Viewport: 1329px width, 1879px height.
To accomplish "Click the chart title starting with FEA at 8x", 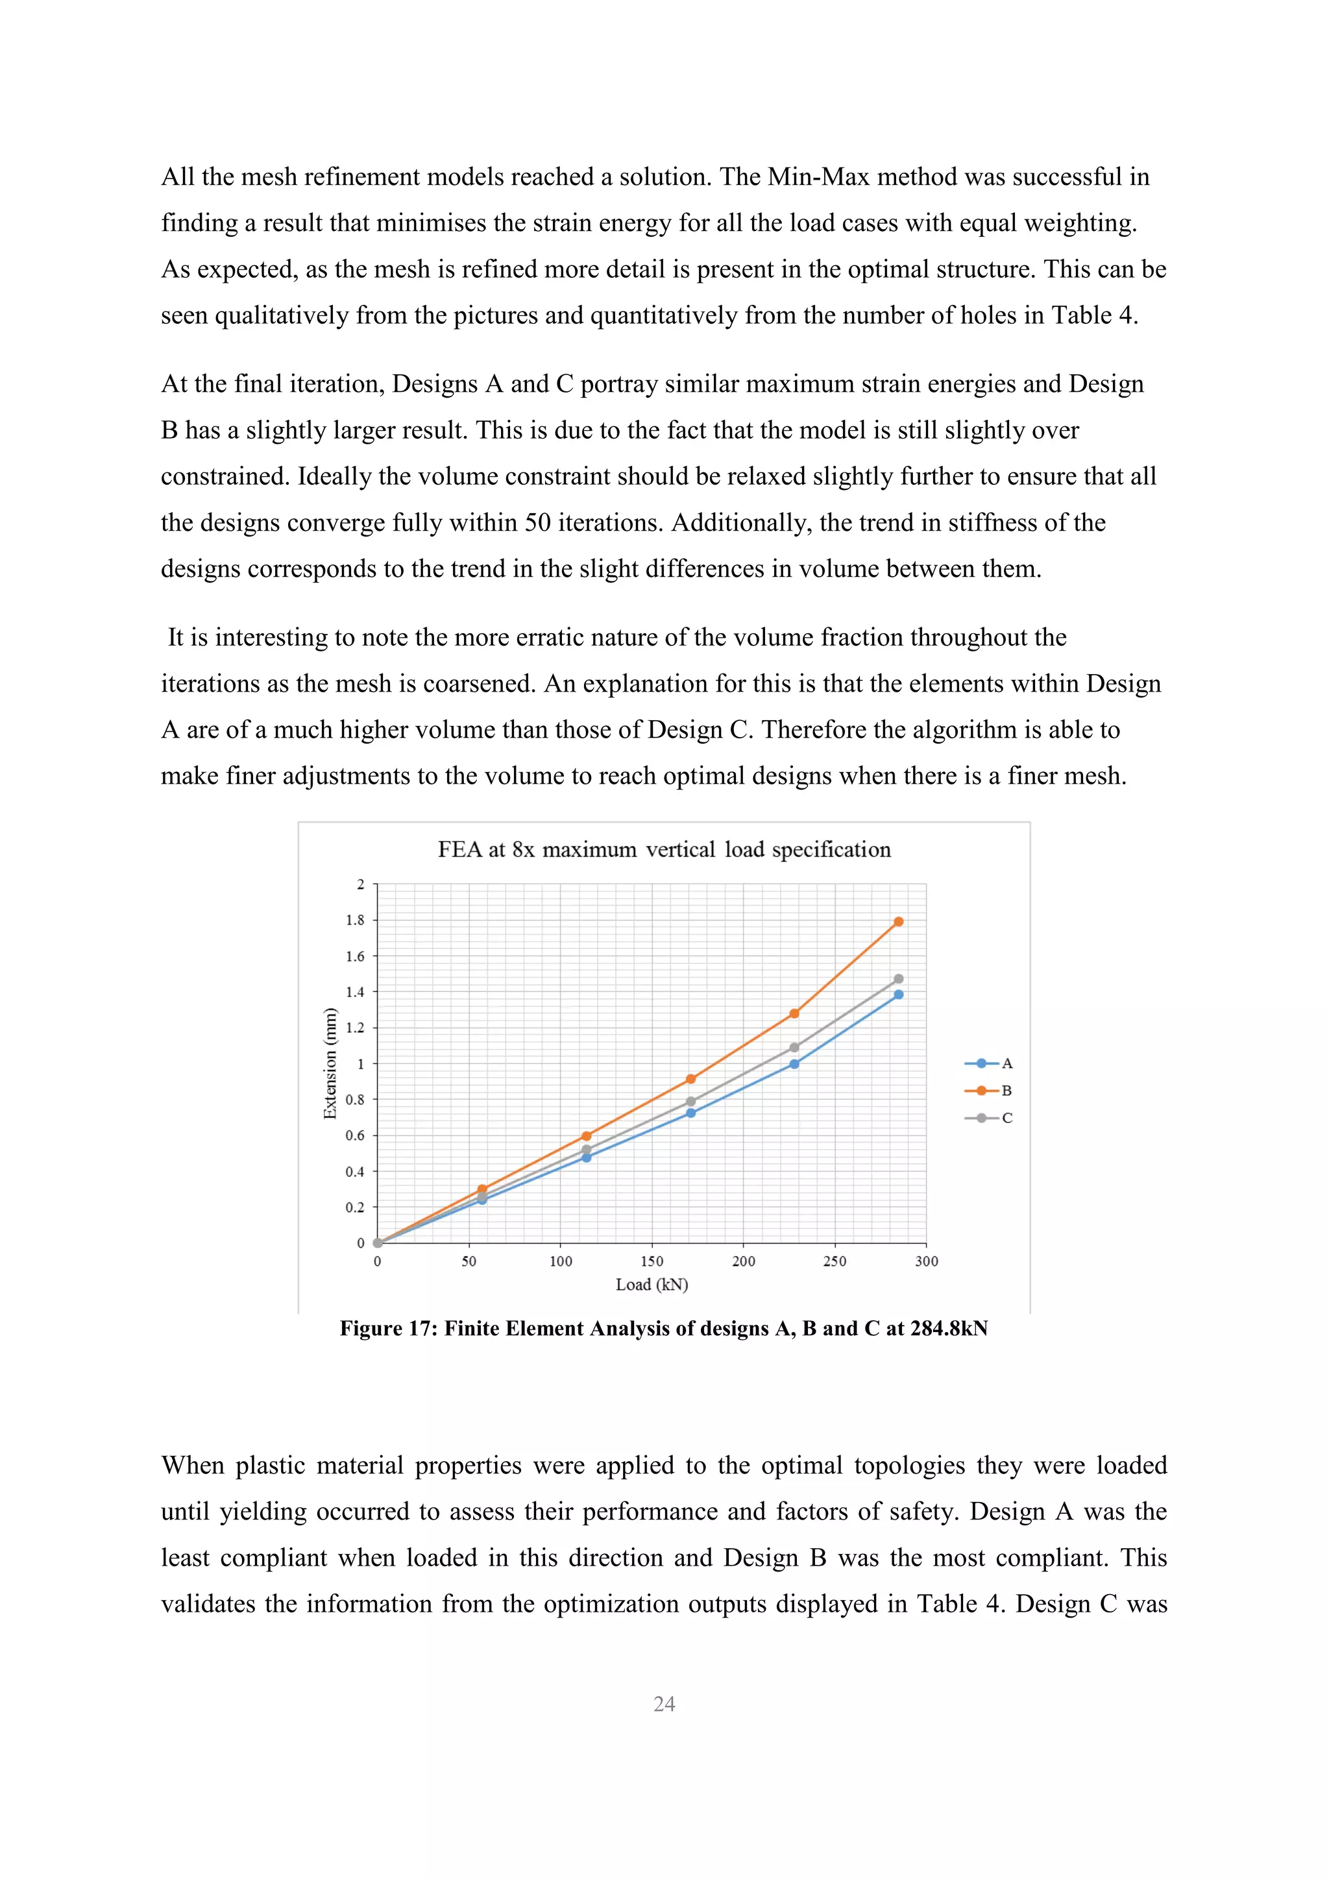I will click(664, 849).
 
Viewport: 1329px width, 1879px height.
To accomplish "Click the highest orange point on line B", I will click(899, 921).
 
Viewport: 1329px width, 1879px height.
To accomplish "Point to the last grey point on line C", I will click(899, 979).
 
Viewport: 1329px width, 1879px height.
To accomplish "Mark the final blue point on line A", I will click(899, 995).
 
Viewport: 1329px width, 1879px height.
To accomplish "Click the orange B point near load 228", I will click(794, 1013).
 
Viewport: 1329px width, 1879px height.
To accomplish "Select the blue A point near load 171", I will click(690, 1113).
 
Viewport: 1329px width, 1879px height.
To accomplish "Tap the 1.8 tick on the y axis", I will click(355, 920).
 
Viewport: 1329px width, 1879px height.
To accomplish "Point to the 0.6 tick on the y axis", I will click(355, 1135).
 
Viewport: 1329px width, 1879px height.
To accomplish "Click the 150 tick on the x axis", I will click(652, 1261).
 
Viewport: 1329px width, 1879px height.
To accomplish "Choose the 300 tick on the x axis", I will click(927, 1261).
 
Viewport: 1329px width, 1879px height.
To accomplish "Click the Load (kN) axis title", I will click(652, 1285).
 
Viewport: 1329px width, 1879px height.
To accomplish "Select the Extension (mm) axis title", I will click(330, 1063).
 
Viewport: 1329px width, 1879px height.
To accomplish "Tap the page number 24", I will click(664, 1704).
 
